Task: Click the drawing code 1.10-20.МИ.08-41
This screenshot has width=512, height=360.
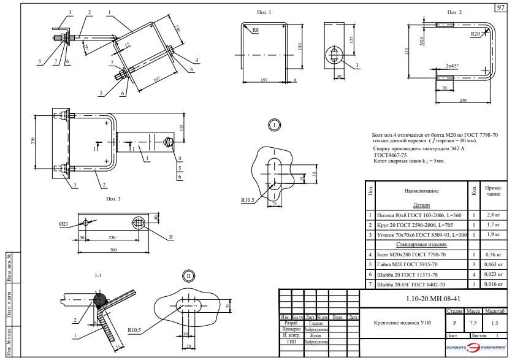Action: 432,299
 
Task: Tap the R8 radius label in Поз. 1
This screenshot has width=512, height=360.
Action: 245,28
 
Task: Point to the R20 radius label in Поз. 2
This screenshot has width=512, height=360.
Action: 475,34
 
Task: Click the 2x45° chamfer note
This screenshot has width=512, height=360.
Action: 453,65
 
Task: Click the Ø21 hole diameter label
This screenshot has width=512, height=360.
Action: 64,224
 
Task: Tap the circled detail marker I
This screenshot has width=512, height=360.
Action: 273,125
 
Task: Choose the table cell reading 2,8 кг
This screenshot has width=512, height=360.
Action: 493,216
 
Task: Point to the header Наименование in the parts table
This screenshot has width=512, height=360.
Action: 421,191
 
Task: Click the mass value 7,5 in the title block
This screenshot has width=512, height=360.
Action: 473,322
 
